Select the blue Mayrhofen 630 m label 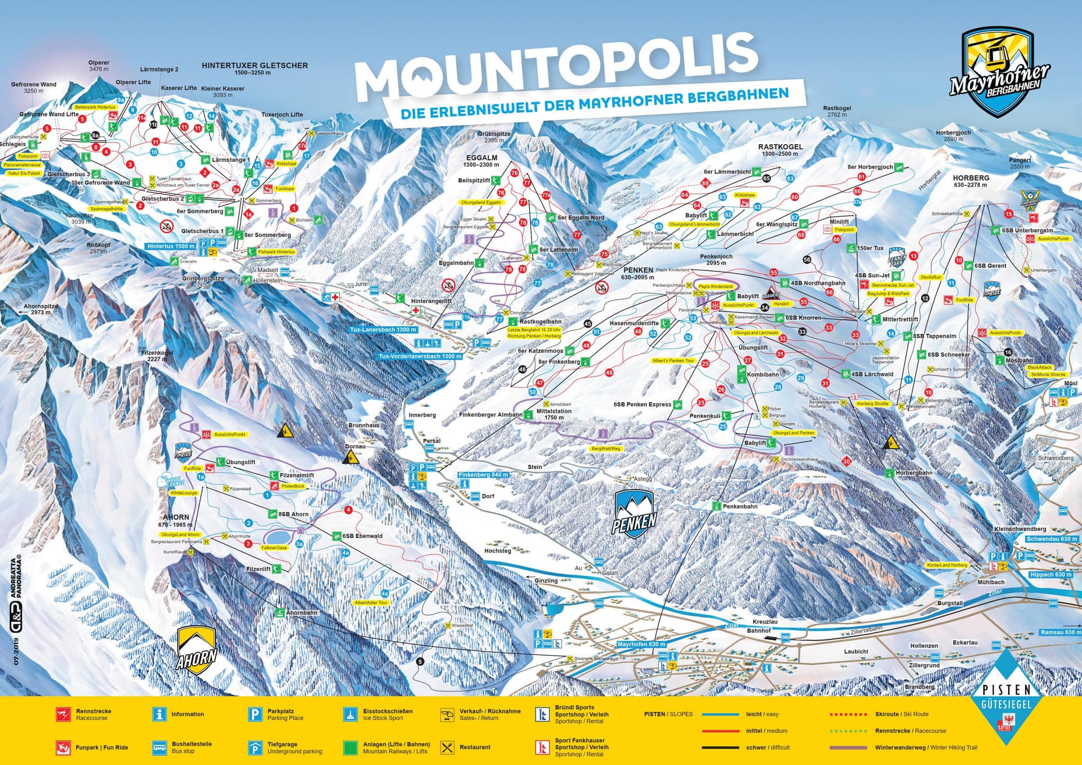pyautogui.click(x=641, y=644)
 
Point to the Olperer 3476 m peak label pyautogui.click(x=99, y=66)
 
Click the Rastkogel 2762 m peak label pyautogui.click(x=837, y=111)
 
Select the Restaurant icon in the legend pyautogui.click(x=447, y=748)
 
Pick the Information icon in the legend pyautogui.click(x=159, y=714)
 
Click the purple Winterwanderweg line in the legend pyautogui.click(x=848, y=748)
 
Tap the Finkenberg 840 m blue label pyautogui.click(x=484, y=475)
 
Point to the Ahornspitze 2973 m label pyautogui.click(x=41, y=309)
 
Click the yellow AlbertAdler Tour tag pyautogui.click(x=371, y=603)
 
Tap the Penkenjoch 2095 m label pyautogui.click(x=716, y=259)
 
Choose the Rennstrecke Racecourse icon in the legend pyautogui.click(x=63, y=714)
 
